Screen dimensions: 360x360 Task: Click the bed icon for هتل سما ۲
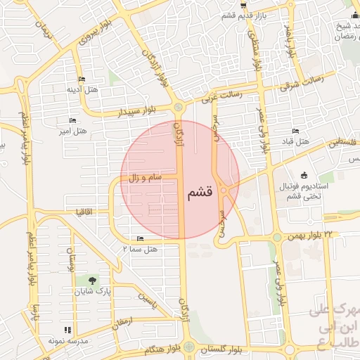(140, 239)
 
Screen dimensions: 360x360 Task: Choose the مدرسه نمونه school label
(67, 340)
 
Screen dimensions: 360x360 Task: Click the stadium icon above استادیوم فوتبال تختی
(304, 175)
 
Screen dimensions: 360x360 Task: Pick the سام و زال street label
(144, 179)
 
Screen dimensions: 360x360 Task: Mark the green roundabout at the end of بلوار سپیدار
(179, 107)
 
